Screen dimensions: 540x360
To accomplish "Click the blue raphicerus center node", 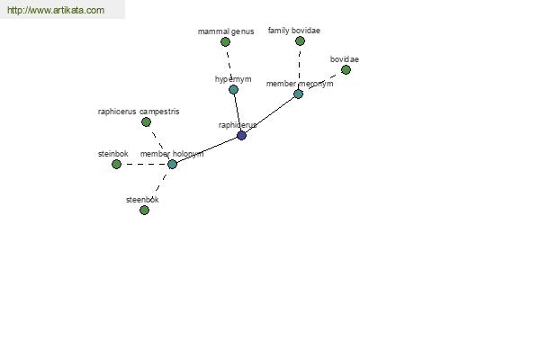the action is click(x=241, y=135).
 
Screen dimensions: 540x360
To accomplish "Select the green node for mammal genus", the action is click(x=225, y=42).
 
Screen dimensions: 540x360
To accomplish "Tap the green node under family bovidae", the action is click(x=300, y=41).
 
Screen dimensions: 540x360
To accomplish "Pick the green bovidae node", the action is click(x=346, y=70).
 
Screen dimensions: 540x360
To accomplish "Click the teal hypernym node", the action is click(x=233, y=90).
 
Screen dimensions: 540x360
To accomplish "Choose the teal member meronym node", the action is click(x=298, y=94).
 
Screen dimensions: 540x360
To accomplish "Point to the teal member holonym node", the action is click(x=172, y=165).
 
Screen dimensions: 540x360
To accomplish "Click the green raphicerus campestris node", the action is click(x=146, y=122).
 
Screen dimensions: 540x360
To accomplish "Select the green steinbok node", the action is click(x=116, y=165).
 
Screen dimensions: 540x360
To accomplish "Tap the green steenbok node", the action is click(x=144, y=210).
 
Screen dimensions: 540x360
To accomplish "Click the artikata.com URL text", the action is click(x=56, y=10).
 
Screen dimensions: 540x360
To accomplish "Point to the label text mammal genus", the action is click(x=226, y=31).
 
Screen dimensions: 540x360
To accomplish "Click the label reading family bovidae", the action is click(x=294, y=31).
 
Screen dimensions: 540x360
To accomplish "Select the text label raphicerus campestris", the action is click(x=139, y=112).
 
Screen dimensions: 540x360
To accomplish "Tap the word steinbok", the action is click(x=113, y=154).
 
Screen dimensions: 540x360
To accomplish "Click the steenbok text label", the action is click(x=142, y=200).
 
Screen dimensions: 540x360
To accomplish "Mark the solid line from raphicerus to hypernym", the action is click(x=238, y=112).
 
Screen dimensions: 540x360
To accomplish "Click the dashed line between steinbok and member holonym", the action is click(x=144, y=165).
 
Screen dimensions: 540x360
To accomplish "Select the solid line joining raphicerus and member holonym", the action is click(x=207, y=150).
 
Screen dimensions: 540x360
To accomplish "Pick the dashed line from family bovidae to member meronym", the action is click(x=300, y=67).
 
